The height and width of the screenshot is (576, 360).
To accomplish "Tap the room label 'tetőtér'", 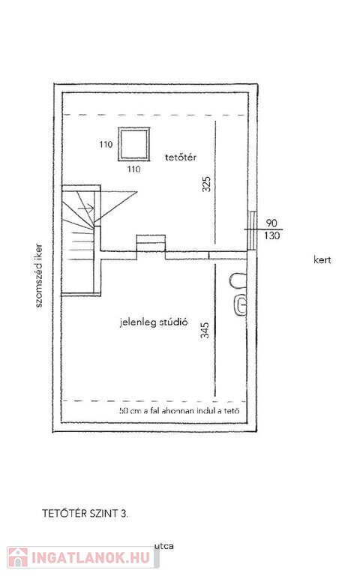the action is (x=180, y=157).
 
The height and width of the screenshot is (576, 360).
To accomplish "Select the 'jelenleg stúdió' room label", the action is (x=154, y=322).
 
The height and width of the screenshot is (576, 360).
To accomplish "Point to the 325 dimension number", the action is (x=206, y=184).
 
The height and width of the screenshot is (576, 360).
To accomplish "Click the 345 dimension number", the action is (x=205, y=330).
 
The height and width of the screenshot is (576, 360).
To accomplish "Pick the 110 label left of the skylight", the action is (x=106, y=144).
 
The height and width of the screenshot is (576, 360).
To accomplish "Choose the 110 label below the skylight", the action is (x=133, y=169).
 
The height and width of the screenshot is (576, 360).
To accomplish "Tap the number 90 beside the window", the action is (x=271, y=223).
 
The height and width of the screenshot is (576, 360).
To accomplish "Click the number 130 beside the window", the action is (x=271, y=235).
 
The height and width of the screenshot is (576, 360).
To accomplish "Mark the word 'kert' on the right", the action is (x=322, y=260).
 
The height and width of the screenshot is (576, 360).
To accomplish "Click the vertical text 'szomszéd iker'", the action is (x=38, y=275).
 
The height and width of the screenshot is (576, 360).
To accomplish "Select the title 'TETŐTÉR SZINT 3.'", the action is (x=85, y=513).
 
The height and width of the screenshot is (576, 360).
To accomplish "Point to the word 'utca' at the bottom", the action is (x=163, y=546).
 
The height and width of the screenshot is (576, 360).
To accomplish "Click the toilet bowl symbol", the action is (x=238, y=281).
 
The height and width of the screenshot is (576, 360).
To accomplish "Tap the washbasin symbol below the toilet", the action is (x=240, y=305).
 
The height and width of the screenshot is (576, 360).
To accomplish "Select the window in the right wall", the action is (x=252, y=230).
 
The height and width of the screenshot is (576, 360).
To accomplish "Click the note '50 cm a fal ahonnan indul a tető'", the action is (x=180, y=410).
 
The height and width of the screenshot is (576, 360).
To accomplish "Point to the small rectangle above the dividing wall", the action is (x=151, y=243).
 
